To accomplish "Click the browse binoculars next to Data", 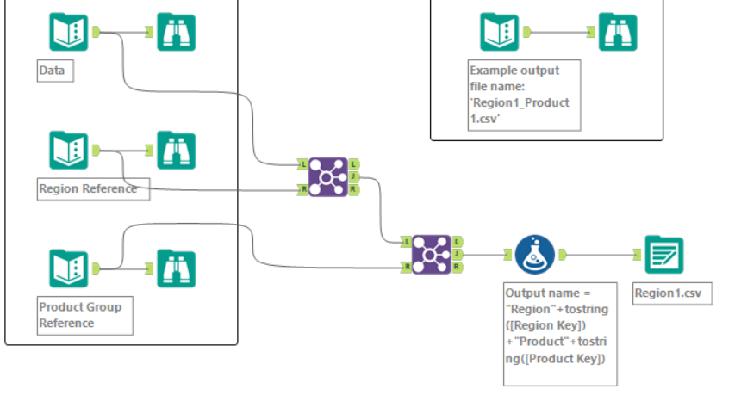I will point(176,32).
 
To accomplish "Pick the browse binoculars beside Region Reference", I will point(176,151).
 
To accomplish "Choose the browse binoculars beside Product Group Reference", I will point(176,268).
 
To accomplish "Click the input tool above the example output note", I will point(500,32).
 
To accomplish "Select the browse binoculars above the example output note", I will point(618,32).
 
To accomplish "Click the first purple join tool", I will point(327,176).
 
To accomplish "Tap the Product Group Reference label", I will point(84,315).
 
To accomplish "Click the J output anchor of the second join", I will point(457,255).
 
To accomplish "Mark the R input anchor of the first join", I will point(303,188).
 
